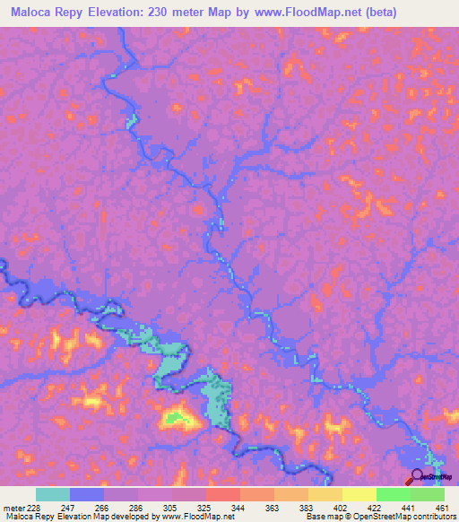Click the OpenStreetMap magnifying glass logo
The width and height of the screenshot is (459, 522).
pos(417,476)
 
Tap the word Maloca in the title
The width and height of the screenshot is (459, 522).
pos(30,13)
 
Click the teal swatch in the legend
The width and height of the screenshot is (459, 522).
pos(53,494)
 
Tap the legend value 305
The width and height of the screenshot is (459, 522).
pos(171,507)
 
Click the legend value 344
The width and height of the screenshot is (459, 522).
pos(239,507)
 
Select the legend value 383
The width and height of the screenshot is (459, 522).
pos(307,507)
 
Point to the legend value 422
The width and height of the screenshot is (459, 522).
pos(376,507)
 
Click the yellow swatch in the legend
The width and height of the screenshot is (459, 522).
pos(359,494)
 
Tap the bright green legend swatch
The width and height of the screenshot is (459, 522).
pos(393,494)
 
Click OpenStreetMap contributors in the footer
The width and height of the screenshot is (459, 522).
pos(407,518)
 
